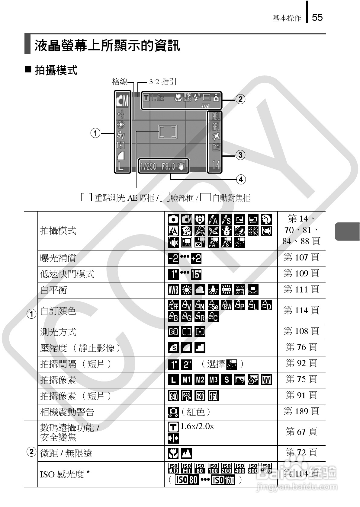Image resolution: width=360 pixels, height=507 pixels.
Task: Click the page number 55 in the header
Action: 317,18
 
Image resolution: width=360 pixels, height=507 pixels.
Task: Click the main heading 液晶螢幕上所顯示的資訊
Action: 107,46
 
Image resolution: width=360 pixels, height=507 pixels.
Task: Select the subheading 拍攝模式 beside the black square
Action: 56,70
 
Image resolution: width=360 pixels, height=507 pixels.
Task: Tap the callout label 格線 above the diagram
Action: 120,81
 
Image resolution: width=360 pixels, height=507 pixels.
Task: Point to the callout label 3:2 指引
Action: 162,81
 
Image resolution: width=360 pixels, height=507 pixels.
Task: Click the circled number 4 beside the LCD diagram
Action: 241,180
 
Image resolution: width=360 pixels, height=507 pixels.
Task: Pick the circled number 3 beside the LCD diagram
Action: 240,155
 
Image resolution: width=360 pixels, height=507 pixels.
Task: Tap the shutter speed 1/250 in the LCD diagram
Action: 148,166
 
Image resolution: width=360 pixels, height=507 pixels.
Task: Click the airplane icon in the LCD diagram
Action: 216,137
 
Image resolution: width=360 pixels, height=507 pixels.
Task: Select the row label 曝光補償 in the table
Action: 58,258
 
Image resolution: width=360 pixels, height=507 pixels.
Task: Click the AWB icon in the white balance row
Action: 173,290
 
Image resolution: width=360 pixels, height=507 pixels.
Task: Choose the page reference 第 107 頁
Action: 301,257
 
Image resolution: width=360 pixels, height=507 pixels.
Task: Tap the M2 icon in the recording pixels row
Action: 200,379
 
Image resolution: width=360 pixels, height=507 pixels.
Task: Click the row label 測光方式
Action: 58,332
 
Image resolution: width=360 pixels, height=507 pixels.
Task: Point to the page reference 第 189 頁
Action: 301,411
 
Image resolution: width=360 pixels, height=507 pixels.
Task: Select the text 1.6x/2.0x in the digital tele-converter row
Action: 197,426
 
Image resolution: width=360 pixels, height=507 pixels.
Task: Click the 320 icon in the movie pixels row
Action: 200,396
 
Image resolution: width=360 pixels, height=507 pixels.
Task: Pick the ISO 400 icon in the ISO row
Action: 239,468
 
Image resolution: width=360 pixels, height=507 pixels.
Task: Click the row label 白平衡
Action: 53,290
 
